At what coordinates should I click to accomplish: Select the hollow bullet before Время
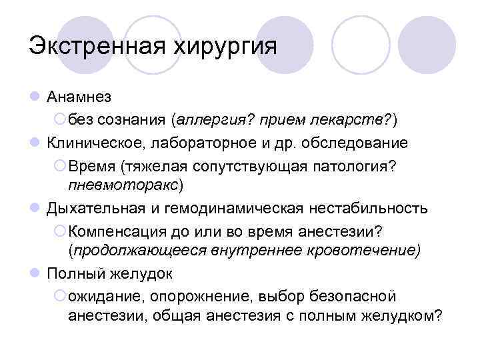[x=59, y=165]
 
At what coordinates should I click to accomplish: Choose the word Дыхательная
[x=91, y=208]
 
